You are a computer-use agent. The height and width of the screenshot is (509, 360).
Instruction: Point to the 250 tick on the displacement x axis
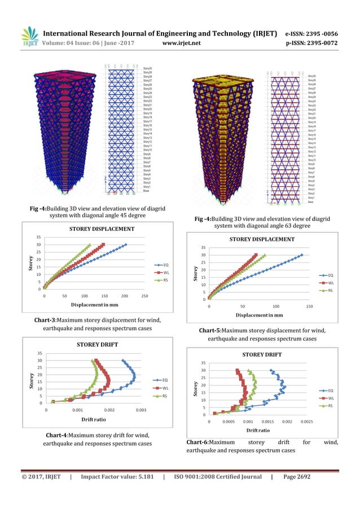[x=144, y=295]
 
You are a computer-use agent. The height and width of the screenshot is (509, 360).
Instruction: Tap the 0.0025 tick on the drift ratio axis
[x=306, y=422]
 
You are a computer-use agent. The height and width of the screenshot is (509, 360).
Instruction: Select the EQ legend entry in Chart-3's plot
[x=161, y=265]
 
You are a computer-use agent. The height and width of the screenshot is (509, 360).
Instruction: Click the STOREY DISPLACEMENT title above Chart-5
[x=262, y=239]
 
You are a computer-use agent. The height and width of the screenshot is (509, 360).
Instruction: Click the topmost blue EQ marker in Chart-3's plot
[x=125, y=245]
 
